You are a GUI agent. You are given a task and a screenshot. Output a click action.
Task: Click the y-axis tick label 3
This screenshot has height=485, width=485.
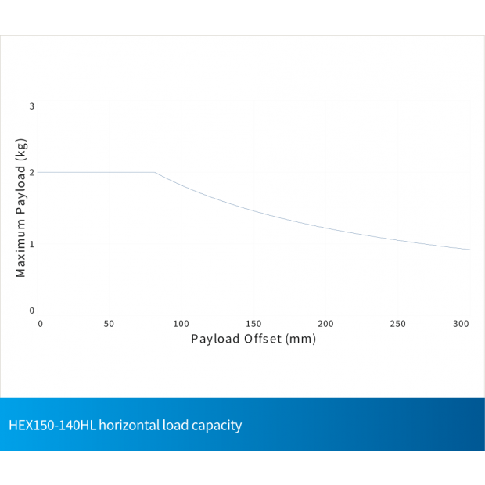pyautogui.click(x=32, y=106)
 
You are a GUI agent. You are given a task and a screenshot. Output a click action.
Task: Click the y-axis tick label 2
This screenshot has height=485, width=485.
pyautogui.click(x=32, y=172)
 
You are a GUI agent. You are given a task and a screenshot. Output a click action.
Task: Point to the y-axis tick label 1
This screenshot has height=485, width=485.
pyautogui.click(x=32, y=243)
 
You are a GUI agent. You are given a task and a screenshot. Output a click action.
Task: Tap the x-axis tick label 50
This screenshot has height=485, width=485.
pyautogui.click(x=109, y=324)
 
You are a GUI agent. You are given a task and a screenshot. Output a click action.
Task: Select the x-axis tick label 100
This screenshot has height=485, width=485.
pyautogui.click(x=181, y=324)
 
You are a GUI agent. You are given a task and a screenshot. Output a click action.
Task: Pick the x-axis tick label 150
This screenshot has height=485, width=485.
pyautogui.click(x=253, y=324)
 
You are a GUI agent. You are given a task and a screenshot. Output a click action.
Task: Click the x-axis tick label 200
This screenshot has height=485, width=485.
pyautogui.click(x=325, y=324)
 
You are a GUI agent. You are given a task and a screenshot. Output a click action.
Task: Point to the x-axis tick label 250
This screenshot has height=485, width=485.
pyautogui.click(x=397, y=324)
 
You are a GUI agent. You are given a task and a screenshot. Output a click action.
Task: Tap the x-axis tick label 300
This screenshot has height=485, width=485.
pyautogui.click(x=462, y=324)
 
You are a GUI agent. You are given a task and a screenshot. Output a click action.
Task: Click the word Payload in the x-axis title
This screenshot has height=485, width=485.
pyautogui.click(x=214, y=339)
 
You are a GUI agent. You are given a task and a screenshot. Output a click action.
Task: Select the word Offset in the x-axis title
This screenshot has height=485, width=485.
pyautogui.click(x=260, y=339)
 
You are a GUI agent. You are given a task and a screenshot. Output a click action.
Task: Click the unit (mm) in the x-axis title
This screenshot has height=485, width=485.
pyautogui.click(x=301, y=339)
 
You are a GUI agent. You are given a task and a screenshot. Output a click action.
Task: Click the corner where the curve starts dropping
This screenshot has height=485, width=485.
pyautogui.click(x=155, y=172)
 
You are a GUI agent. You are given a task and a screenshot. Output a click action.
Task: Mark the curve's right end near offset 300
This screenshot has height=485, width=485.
pyautogui.click(x=469, y=250)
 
